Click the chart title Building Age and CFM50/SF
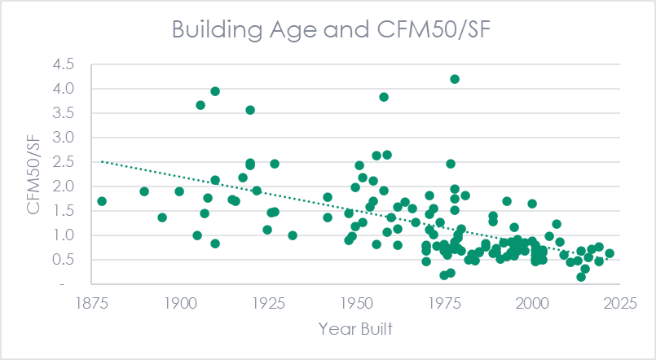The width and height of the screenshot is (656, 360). pos(328,29)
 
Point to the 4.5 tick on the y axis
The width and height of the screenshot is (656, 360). pos(63,64)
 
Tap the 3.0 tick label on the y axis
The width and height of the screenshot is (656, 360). pos(63,138)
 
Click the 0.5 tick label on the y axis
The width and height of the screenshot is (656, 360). pos(63,260)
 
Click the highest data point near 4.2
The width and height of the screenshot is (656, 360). pos(455,79)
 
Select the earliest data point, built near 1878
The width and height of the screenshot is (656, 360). pos(102,201)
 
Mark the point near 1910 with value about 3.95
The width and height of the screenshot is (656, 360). pos(215,91)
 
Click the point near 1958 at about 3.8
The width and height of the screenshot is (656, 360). pos(384,97)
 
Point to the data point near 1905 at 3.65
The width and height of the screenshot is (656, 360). pos(200,105)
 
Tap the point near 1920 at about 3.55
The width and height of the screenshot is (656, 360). pos(250,110)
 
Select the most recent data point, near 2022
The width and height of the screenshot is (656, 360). pos(610,253)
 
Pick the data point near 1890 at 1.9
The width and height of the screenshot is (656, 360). pos(144,191)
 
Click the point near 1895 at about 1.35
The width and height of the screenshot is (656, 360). pos(162,217)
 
